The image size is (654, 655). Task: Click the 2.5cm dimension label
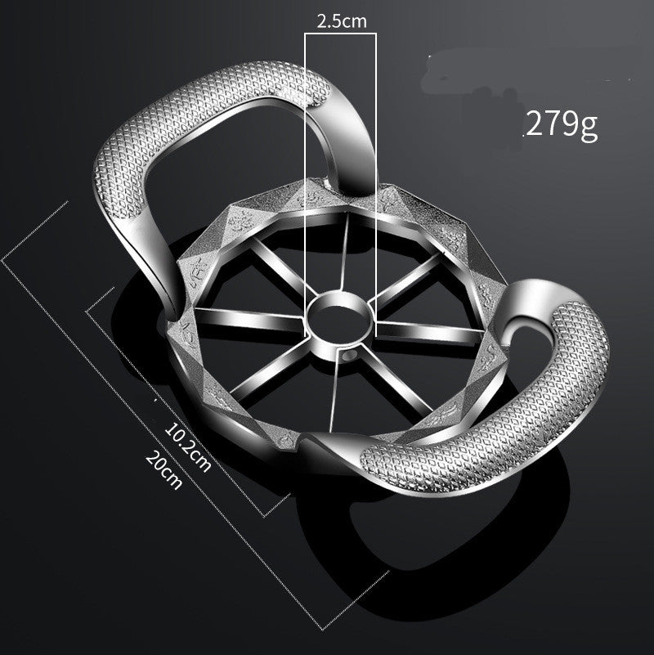click(341, 22)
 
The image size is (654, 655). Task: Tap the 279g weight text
click(562, 123)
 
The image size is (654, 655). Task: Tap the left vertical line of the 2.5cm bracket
click(306, 164)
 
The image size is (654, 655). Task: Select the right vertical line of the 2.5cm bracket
click(376, 164)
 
